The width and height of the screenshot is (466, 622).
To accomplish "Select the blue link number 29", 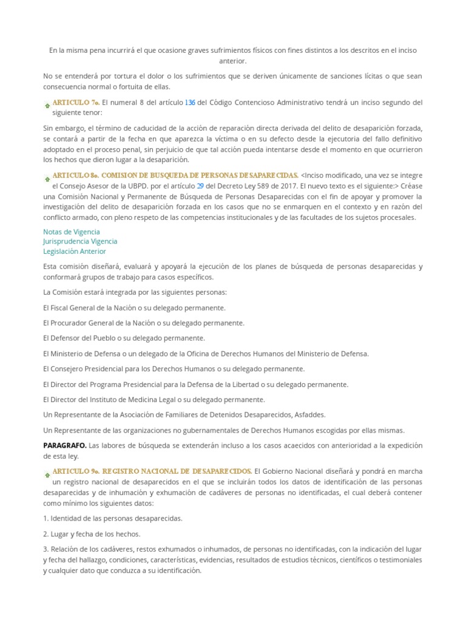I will point(200,186).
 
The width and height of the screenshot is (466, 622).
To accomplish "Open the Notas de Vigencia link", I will point(72,231).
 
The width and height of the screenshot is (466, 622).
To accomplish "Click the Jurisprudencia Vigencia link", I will point(80,241).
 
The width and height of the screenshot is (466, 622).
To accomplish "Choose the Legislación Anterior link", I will point(75,251).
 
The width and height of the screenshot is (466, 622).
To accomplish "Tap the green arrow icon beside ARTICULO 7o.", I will point(47,105).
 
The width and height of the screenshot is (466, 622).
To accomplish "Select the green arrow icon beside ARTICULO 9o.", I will point(47,474).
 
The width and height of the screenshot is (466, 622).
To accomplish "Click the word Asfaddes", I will point(309,414).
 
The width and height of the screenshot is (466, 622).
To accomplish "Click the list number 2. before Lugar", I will point(46,534).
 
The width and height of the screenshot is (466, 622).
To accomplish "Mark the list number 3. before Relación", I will point(46,549).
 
